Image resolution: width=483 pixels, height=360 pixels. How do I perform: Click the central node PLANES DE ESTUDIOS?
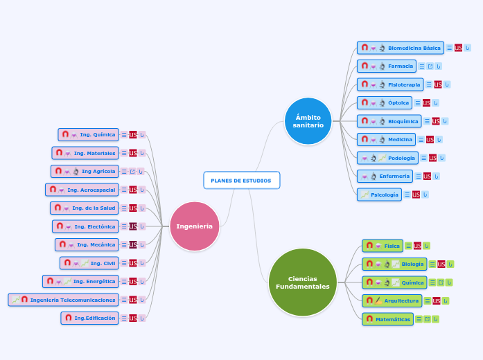[x=241, y=180]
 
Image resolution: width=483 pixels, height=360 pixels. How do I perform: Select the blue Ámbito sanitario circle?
[x=308, y=121]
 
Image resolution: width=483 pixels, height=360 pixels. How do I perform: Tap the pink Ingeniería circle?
[x=195, y=226]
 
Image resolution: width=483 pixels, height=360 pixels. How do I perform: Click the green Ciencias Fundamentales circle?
[x=302, y=282]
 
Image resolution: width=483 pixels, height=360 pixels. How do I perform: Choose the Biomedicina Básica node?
[x=414, y=48]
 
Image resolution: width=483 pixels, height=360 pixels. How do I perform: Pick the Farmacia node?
[x=400, y=66]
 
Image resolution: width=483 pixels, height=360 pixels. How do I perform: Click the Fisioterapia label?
[x=404, y=84]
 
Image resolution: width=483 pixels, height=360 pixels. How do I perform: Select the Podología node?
[x=402, y=158]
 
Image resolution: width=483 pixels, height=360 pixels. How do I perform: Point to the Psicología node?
[x=385, y=195]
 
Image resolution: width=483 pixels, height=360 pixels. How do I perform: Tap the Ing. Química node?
[x=97, y=134]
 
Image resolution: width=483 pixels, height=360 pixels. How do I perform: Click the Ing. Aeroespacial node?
[x=91, y=190]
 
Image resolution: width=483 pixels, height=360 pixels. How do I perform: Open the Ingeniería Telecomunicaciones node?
[x=73, y=300]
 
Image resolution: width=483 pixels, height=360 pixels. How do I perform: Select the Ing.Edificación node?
[x=95, y=318]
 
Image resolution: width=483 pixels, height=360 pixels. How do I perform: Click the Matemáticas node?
[x=393, y=319]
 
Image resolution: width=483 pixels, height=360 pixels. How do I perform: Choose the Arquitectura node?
[x=401, y=300]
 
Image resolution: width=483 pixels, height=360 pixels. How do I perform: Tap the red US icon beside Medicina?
[x=430, y=140]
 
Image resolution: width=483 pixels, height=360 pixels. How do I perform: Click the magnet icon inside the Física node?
[x=370, y=245]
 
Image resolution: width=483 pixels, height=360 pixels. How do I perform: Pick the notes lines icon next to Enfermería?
[x=418, y=177]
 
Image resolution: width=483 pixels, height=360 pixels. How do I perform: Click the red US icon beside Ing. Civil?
[x=133, y=263]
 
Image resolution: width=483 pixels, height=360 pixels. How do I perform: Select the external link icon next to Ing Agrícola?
[x=132, y=171]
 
